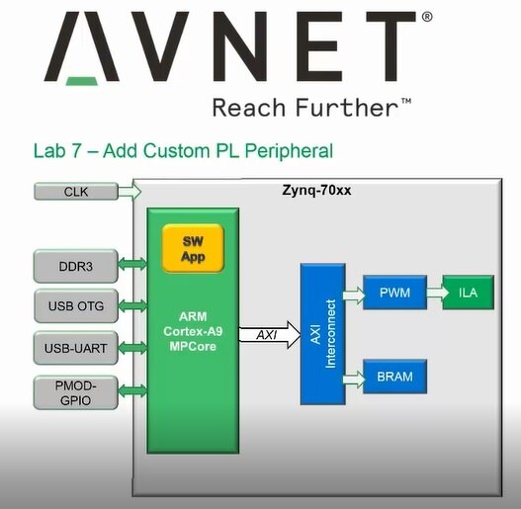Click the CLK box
76,192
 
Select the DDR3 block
76,266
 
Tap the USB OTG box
76,305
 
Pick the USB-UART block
76,348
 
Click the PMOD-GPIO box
76,392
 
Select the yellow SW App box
193,248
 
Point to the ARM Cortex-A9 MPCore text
193,331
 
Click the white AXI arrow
270,335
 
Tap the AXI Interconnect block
322,334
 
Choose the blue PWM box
395,293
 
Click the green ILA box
469,293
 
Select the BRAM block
395,377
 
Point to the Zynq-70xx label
316,191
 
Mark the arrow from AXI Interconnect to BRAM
354,380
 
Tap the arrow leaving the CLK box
130,192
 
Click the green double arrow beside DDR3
132,264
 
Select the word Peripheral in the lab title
289,151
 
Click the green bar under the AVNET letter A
82,81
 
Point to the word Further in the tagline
347,108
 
